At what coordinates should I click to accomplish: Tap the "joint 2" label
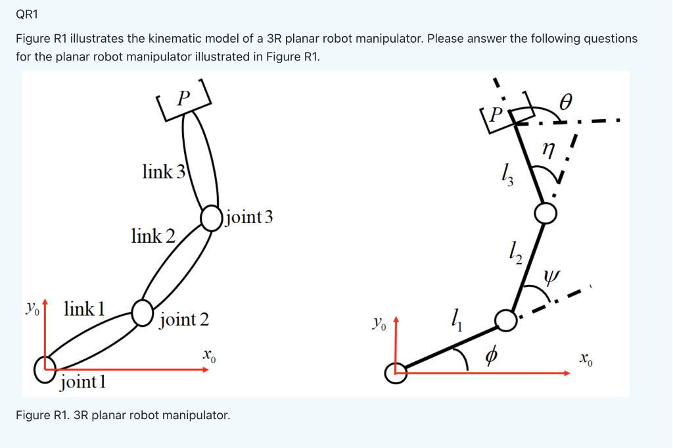point(184,320)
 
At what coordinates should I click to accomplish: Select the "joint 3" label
point(248,217)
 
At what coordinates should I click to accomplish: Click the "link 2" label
point(153,236)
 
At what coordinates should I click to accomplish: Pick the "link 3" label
point(164,172)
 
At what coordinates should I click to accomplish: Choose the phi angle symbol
point(490,356)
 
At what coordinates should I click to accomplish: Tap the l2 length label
point(515,252)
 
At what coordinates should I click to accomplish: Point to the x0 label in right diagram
point(586,360)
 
